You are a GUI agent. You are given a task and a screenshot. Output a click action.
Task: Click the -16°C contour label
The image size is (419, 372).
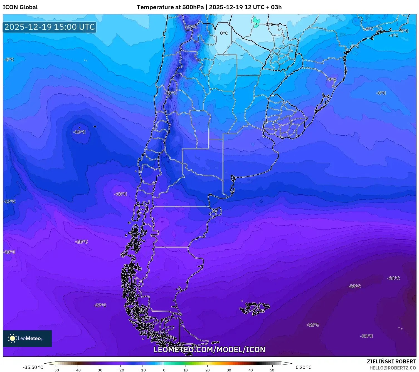pos(80,132)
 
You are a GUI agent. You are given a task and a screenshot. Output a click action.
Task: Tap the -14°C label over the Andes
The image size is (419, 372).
pos(171,93)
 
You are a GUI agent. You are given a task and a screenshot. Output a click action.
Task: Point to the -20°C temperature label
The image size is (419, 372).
pos(82,242)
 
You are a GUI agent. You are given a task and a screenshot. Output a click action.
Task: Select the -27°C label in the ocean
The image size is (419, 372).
pos(100,305)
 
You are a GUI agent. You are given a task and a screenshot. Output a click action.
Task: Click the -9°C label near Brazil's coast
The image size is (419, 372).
pos(331,80)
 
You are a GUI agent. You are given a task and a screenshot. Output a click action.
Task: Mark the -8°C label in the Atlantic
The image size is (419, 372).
pos(381,93)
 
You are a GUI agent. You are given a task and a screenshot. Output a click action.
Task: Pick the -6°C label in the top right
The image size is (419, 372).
pos(369,29)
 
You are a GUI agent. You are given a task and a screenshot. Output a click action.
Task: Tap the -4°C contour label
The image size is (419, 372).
pos(394,36)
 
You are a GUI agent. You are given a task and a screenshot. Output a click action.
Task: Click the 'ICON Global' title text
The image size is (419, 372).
pos(20,7)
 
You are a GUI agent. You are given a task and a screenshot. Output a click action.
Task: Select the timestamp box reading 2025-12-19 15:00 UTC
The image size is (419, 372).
pos(50,27)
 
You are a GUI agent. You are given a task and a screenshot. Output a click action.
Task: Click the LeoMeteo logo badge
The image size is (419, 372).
pos(27,338)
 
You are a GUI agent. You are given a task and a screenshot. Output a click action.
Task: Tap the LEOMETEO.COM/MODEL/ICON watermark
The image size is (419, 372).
pos(209,349)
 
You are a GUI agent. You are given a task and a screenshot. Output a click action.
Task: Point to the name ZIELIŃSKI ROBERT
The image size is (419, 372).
pos(391,361)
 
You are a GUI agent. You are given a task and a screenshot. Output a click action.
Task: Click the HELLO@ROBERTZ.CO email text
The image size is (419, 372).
pos(393,368)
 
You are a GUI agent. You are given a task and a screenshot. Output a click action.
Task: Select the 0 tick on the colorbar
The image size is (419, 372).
pos(164,370)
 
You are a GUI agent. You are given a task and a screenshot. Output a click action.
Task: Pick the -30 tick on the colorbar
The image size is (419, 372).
pos(99,370)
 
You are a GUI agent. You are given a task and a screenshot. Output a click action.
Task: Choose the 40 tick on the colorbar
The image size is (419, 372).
pos(251,370)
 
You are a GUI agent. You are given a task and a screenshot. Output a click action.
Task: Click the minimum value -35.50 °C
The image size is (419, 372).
pos(33,367)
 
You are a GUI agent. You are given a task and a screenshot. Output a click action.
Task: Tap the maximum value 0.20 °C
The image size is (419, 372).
pos(304,367)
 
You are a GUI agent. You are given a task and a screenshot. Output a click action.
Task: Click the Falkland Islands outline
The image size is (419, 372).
pos(255,308)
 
